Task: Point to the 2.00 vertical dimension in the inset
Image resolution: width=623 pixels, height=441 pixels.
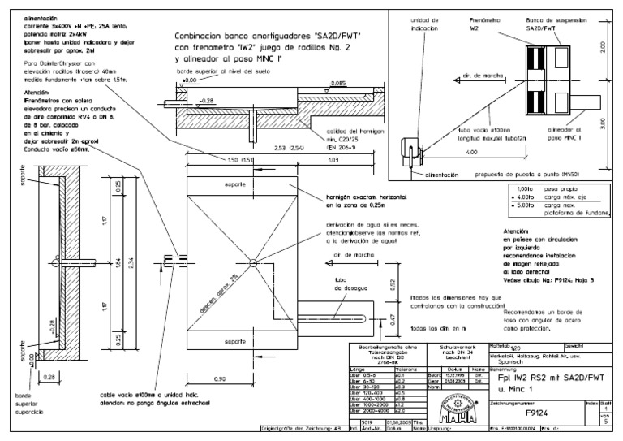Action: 602,49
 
